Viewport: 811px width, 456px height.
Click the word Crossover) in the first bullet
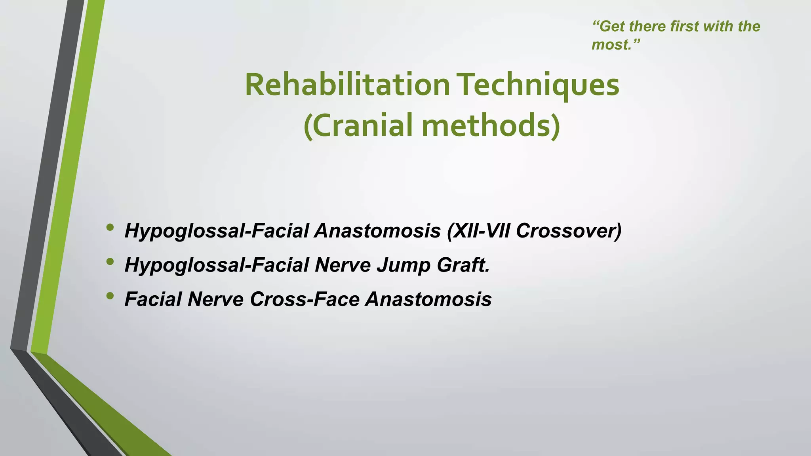[x=569, y=231]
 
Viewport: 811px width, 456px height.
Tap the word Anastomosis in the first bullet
[x=377, y=231]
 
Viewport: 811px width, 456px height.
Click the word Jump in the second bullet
[x=403, y=265]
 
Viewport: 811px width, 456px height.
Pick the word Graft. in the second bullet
[x=463, y=265]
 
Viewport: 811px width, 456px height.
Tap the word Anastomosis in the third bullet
[x=428, y=299]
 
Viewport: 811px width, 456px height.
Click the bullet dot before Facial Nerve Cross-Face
[x=110, y=296]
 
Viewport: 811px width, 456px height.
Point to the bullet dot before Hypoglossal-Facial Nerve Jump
[x=110, y=262]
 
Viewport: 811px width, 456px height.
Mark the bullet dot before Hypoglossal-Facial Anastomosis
[x=110, y=228]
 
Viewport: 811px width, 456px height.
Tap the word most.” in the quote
[x=615, y=45]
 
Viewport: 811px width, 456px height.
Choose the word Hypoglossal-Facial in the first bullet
[x=216, y=231]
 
